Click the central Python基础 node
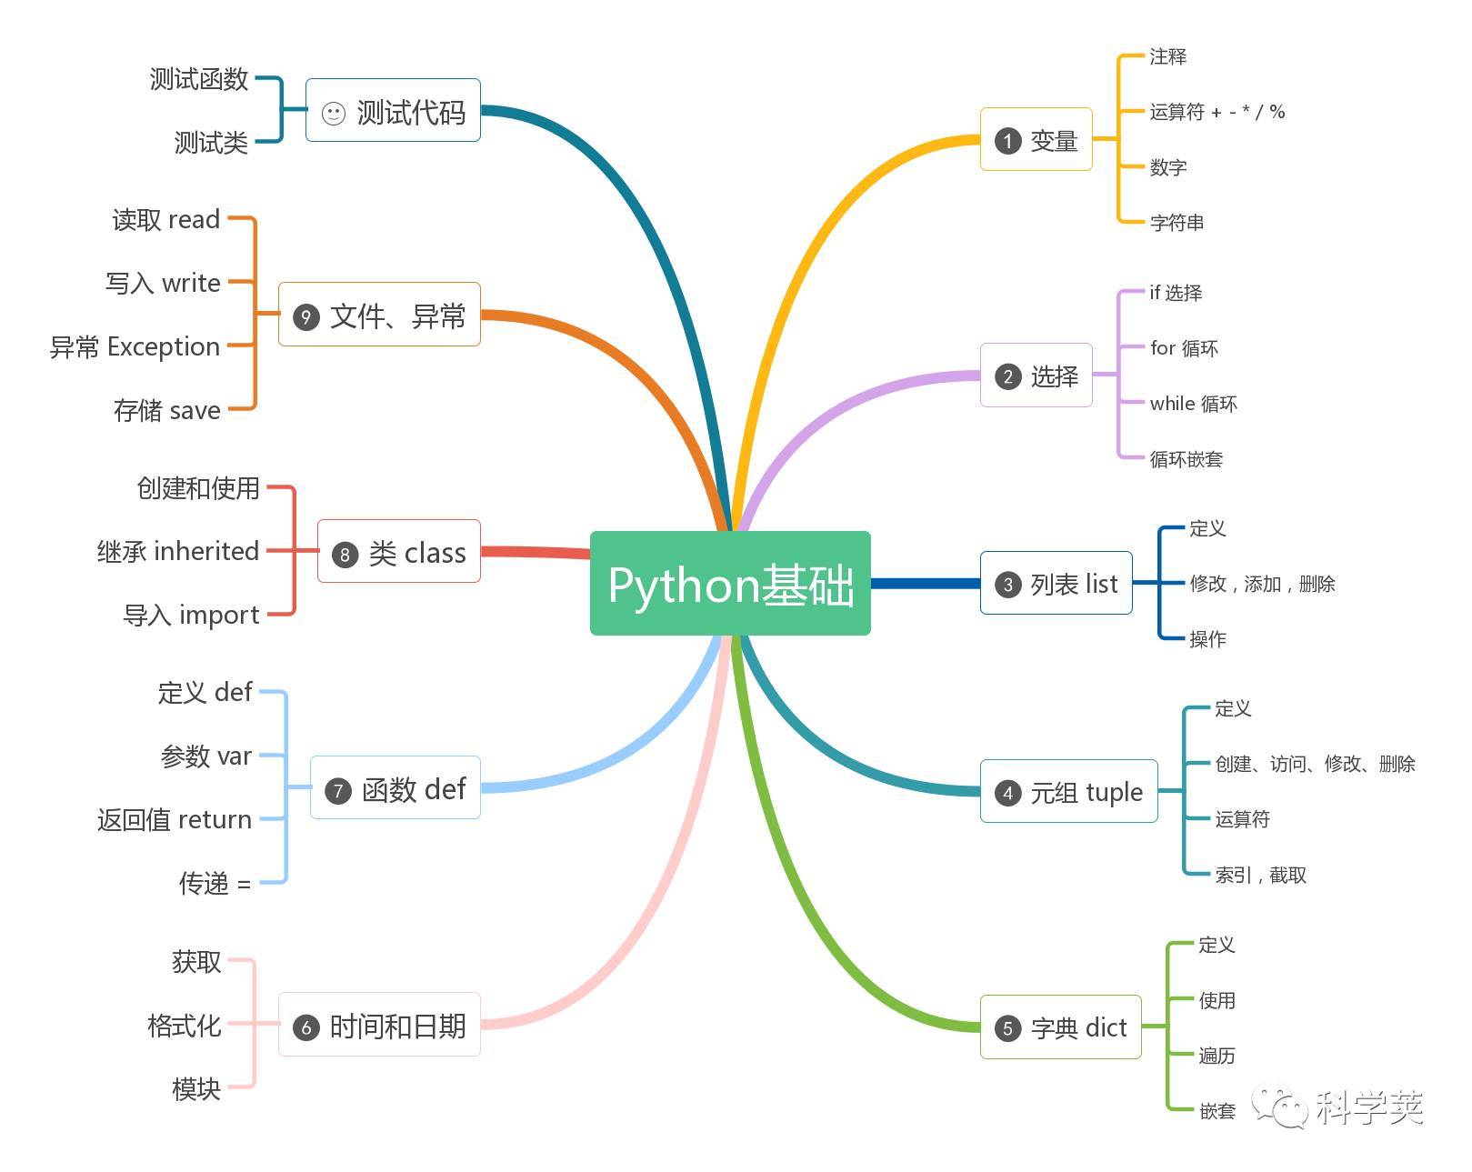pos(730,584)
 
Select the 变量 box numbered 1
pos(1036,140)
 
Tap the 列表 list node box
pos(1056,584)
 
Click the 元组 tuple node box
pos(1068,792)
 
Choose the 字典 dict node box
pos(1060,1027)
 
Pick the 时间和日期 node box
pos(379,1026)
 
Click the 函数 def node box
pos(395,788)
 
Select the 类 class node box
pos(398,552)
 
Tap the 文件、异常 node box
pos(379,316)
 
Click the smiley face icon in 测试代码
pos(334,114)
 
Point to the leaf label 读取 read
pos(165,219)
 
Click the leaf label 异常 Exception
pos(135,346)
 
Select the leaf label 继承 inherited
pos(178,551)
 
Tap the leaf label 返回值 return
pos(175,819)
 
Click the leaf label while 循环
pos(1193,404)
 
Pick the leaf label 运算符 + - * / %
pos(1217,112)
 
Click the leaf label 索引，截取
pos(1260,875)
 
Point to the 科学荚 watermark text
pos(1368,1107)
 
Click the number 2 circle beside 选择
pos(1007,376)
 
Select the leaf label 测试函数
pos(199,79)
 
